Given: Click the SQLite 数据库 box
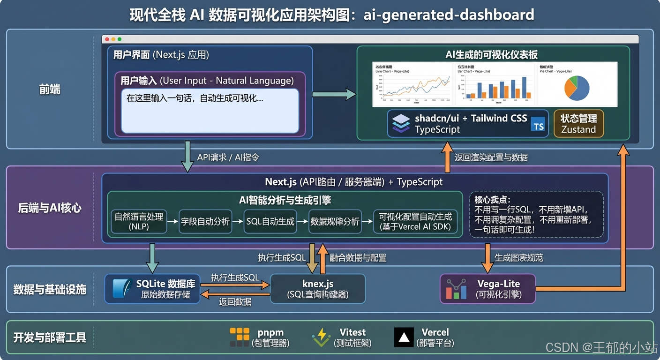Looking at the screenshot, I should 152,289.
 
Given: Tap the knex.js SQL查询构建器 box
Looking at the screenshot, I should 318,289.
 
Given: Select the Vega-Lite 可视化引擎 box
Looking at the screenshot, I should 487,289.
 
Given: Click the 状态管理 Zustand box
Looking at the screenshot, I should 578,124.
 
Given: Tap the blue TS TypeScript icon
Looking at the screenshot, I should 539,126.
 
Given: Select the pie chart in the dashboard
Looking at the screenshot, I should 577,88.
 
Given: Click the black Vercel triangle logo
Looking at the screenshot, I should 404,337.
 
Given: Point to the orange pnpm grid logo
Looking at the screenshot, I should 240,337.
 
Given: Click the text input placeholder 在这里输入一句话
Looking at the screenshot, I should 195,99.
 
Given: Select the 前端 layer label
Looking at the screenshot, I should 50,90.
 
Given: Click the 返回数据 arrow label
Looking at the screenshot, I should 235,302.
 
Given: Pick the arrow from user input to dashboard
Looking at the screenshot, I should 334,94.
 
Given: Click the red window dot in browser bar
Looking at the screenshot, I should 107,39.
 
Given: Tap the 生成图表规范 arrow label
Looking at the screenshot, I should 519,257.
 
